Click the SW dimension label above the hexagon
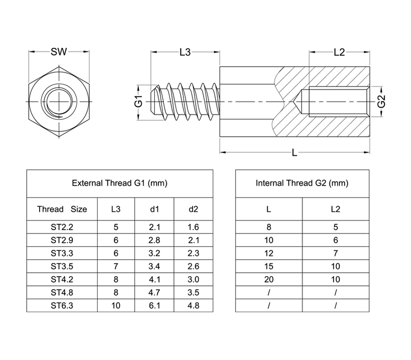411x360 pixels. (x=59, y=52)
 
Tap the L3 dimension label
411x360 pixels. (x=185, y=52)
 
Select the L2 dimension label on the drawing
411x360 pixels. (x=339, y=52)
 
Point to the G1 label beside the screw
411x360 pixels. (x=139, y=101)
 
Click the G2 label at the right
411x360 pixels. (x=382, y=101)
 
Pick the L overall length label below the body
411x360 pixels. (x=294, y=152)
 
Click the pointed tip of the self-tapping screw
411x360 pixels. (x=151, y=101)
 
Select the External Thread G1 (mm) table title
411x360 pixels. (x=120, y=183)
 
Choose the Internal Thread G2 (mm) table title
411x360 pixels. (x=302, y=183)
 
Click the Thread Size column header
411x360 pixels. (x=62, y=209)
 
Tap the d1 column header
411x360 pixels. (x=155, y=209)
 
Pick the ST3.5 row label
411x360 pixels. (x=62, y=266)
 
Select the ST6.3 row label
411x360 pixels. (x=62, y=305)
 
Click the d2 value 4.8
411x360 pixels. (x=194, y=305)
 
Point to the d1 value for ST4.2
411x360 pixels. (x=155, y=279)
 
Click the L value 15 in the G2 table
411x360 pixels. (x=269, y=266)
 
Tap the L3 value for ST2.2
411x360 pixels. (x=116, y=227)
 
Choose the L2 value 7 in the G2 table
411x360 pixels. (x=336, y=253)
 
